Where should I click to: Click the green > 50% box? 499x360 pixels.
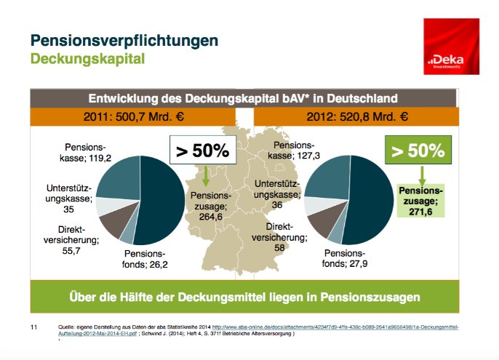[418, 151]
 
